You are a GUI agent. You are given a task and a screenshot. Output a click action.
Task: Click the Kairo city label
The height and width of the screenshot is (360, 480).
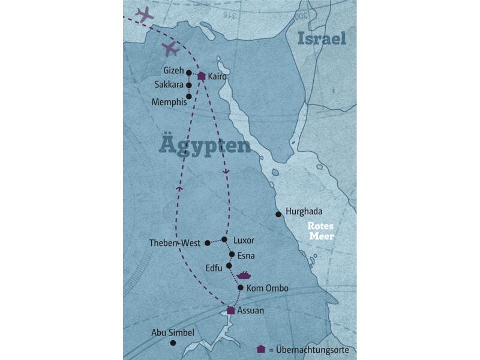click(x=217, y=76)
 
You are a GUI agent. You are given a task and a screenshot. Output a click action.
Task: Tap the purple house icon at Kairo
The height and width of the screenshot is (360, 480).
click(x=202, y=76)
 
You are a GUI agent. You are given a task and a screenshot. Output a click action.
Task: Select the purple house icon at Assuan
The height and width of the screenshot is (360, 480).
click(x=230, y=310)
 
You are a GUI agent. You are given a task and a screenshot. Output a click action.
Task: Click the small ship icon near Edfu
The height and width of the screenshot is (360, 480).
click(x=244, y=275)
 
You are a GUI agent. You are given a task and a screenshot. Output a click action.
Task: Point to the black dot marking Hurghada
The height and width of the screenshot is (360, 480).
click(x=278, y=214)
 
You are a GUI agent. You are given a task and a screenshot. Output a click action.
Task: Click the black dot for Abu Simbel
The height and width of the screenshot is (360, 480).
click(x=173, y=343)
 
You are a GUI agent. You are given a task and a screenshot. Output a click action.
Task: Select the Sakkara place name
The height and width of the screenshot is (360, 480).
click(x=169, y=85)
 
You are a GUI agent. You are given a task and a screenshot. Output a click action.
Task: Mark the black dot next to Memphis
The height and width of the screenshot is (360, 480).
click(x=189, y=96)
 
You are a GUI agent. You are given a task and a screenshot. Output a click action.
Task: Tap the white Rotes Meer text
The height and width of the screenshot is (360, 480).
click(x=320, y=231)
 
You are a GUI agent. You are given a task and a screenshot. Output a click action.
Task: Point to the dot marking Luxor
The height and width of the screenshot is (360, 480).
click(x=224, y=239)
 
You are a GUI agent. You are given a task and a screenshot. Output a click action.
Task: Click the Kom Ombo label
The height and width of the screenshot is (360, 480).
click(x=268, y=289)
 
